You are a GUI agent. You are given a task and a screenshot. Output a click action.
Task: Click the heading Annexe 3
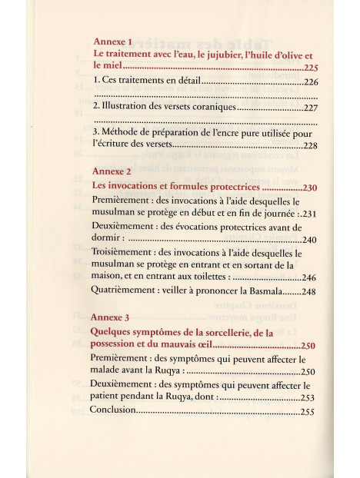tap(113, 317)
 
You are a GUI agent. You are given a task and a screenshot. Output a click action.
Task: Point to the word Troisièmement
tap(124, 252)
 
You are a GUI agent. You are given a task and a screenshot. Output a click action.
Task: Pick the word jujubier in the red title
tap(205, 55)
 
